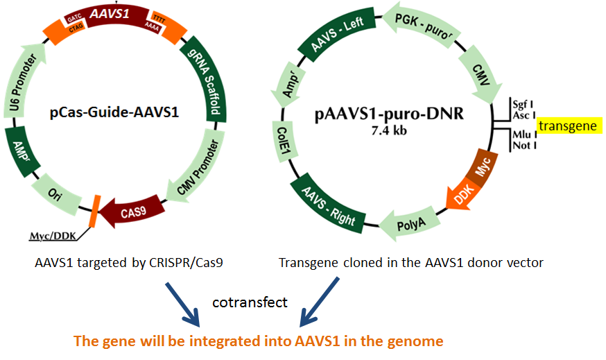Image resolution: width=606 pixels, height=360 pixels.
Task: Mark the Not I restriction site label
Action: pos(521,145)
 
